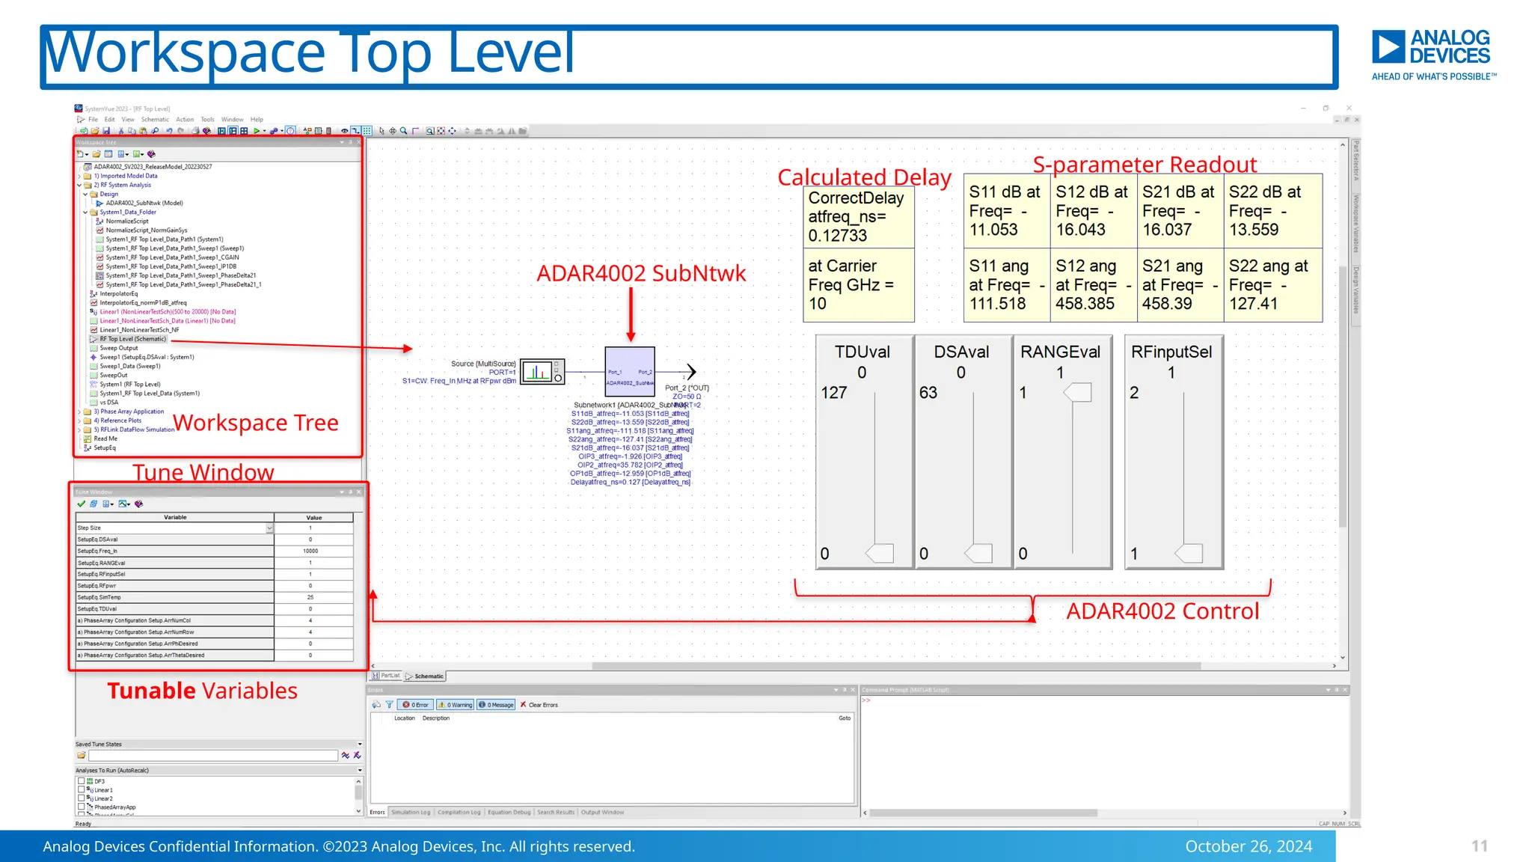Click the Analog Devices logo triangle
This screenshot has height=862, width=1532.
tap(1388, 47)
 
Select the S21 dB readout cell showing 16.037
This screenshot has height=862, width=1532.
tap(1179, 211)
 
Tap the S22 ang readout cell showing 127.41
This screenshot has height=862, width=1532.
tap(1272, 285)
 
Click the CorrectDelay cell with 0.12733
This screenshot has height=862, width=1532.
tap(857, 217)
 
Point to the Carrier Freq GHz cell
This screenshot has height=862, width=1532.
tap(857, 285)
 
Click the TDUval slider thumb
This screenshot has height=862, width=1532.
tap(880, 554)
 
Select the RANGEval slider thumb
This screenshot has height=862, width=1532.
tap(1078, 392)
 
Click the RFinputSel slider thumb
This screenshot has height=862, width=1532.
tap(1189, 554)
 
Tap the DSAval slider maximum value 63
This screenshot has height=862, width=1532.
tap(928, 393)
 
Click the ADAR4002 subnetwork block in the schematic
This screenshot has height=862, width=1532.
tap(630, 371)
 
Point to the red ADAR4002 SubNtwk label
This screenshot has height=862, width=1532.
tap(641, 273)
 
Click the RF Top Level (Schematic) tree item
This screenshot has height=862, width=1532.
tap(132, 339)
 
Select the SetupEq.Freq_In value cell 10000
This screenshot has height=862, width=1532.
tap(310, 551)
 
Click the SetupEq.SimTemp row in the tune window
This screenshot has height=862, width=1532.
tap(174, 597)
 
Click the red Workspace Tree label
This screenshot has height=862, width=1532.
tap(256, 423)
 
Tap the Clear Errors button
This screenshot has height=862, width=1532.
tap(539, 705)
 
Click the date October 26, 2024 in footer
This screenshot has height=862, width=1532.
tap(1248, 846)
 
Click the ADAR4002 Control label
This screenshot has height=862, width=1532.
tap(1162, 611)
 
